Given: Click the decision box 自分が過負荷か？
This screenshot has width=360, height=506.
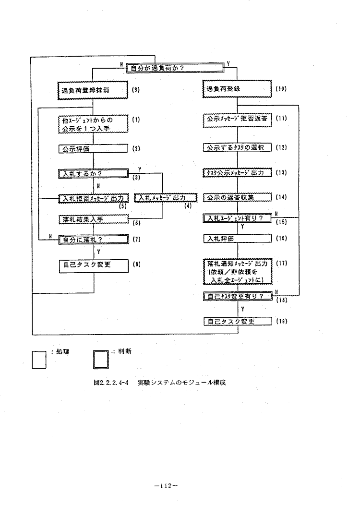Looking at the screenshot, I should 177,68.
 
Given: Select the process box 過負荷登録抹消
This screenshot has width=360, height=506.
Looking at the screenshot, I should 92,90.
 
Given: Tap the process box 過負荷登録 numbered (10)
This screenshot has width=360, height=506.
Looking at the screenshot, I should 237,90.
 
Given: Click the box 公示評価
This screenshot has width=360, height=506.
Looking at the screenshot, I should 92,148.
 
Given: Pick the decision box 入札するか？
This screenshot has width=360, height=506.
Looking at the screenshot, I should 92,173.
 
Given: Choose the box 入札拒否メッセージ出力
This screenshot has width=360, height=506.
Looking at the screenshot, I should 93,198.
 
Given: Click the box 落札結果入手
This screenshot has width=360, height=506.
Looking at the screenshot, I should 93,219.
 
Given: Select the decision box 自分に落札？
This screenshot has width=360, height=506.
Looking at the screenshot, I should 92,239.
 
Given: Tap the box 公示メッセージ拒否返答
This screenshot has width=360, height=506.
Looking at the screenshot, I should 237,119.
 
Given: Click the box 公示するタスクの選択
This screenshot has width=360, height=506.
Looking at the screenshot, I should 237,147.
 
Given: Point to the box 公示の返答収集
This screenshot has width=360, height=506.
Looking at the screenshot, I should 237,197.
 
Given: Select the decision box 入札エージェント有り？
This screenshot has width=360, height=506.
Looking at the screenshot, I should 237,218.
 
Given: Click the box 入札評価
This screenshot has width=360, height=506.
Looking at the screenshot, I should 237,238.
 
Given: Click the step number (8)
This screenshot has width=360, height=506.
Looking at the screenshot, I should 136,264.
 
